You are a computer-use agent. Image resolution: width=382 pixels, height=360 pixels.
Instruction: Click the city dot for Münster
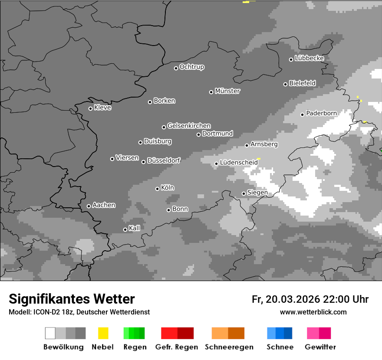click(x=211, y=92)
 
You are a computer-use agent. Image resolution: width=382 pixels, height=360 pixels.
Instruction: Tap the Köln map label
click(x=168, y=188)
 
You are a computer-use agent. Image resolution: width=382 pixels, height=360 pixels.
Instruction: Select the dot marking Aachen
click(x=89, y=206)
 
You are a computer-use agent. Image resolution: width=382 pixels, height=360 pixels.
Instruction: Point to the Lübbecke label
click(x=309, y=58)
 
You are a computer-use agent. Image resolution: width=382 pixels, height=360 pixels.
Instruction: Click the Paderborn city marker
click(x=303, y=115)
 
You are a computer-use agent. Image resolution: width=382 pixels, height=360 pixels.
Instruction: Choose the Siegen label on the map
click(x=257, y=193)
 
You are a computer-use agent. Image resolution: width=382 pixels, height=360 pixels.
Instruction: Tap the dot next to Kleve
click(x=90, y=108)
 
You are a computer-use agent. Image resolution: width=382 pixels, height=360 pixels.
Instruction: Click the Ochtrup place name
click(x=192, y=67)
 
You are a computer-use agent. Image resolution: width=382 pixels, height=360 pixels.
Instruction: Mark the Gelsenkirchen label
click(x=189, y=126)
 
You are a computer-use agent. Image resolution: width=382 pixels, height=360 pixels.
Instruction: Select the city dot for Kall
click(x=125, y=229)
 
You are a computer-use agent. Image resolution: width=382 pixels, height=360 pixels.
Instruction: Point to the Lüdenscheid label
click(x=239, y=163)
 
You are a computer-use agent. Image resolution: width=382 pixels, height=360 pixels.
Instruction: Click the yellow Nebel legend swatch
click(x=103, y=333)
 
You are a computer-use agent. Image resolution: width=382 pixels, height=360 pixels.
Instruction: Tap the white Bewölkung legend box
click(x=50, y=333)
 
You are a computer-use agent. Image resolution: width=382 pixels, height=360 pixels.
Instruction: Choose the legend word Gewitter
click(x=320, y=347)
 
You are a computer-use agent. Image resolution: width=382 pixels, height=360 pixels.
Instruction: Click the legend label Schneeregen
click(x=229, y=347)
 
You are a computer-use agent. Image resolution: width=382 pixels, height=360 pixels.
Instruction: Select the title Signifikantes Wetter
click(x=72, y=299)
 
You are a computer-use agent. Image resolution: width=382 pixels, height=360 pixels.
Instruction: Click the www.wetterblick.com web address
click(x=313, y=312)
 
